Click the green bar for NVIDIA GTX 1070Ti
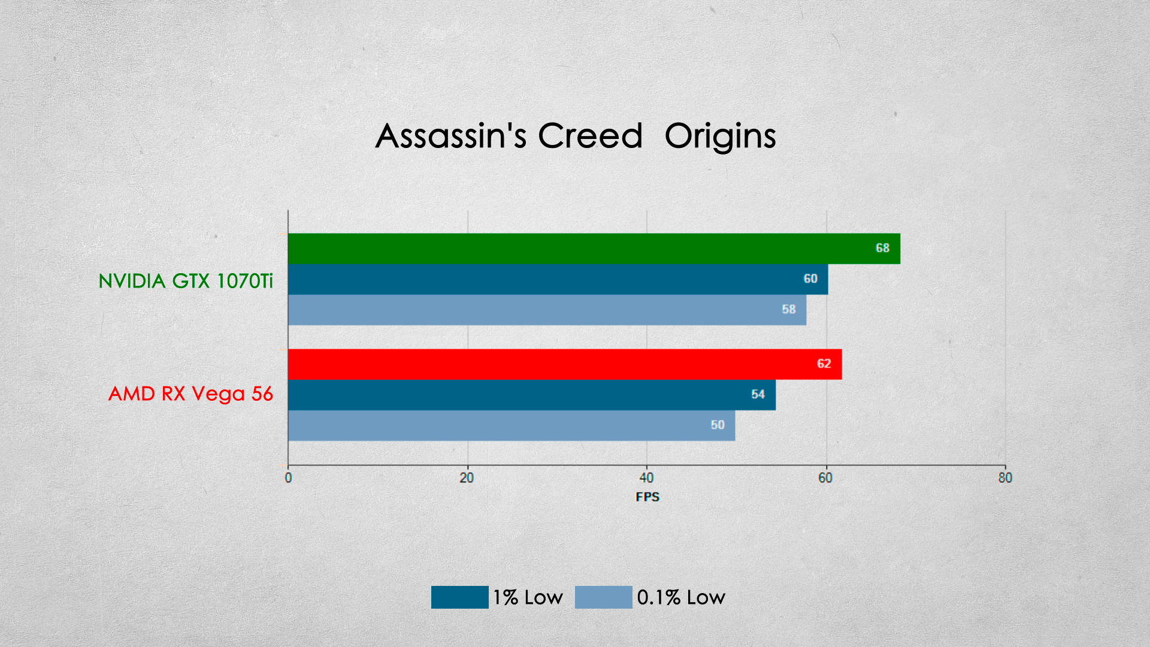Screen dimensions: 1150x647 coord(594,249)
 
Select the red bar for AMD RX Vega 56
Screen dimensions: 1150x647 coord(565,364)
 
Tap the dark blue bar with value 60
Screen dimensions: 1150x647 coord(558,279)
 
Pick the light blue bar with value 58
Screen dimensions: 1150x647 coord(547,310)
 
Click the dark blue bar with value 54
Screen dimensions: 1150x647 coord(532,395)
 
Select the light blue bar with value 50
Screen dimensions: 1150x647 coord(512,425)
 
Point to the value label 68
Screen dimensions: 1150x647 coord(882,248)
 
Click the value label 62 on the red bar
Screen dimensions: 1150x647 coord(824,364)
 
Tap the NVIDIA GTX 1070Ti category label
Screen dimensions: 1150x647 coord(186,280)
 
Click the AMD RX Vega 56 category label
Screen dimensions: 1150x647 coord(190,394)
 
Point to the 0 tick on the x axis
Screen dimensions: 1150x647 coord(288,478)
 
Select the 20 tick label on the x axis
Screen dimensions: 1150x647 coord(467,478)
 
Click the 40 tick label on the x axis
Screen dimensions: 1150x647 coord(646,478)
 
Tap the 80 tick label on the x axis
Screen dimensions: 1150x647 coord(1005,478)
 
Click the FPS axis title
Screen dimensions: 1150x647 coord(647,497)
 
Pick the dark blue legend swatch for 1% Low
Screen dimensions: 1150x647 coord(460,597)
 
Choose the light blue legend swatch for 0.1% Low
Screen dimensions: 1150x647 coord(604,597)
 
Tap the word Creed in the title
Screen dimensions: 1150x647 coord(590,136)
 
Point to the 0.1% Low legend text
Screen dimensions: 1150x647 coord(681,597)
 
